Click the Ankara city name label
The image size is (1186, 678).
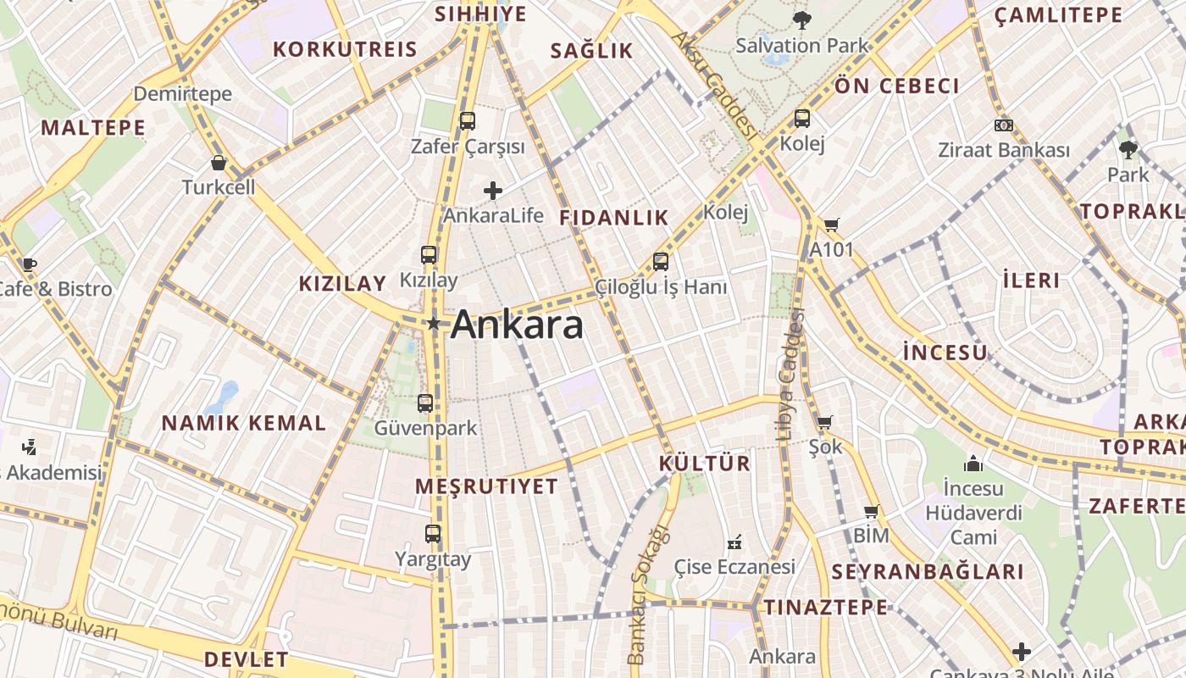pos(517,325)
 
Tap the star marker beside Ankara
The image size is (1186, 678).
pos(434,323)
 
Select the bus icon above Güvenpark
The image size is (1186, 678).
pos(425,403)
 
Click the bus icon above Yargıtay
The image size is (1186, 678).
pos(433,533)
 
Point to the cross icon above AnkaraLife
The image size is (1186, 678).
pos(493,191)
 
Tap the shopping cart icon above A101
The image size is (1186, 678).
pos(831,225)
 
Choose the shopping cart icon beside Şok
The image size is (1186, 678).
pos(825,422)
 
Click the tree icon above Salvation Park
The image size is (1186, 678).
pos(801,19)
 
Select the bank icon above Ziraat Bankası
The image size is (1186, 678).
pos(1004,125)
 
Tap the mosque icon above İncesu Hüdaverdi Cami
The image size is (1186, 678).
pos(973,464)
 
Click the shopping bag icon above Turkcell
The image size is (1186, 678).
pos(219,162)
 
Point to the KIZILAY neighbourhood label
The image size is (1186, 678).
pos(342,283)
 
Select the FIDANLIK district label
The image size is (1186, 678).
pos(614,218)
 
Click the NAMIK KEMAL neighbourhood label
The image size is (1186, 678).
pos(243,423)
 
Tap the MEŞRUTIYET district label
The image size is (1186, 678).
pos(487,486)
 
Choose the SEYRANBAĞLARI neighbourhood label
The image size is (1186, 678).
pos(928,571)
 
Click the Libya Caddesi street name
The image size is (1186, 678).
pos(788,375)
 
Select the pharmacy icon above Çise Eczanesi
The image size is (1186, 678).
pos(734,541)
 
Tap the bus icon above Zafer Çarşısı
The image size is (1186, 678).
pos(468,121)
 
